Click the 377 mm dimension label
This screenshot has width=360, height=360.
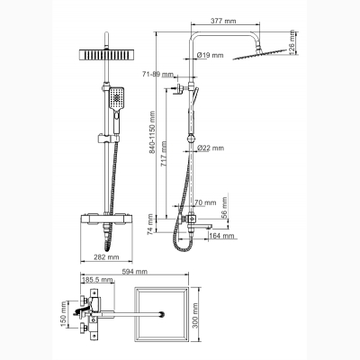coord(223,21)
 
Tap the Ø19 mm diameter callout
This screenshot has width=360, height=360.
coord(211,55)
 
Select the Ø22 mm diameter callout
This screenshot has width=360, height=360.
coord(211,148)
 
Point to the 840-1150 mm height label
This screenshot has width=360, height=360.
coord(152,133)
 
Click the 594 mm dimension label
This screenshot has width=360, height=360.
coord(134,272)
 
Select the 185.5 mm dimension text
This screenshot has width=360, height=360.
coord(97,280)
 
